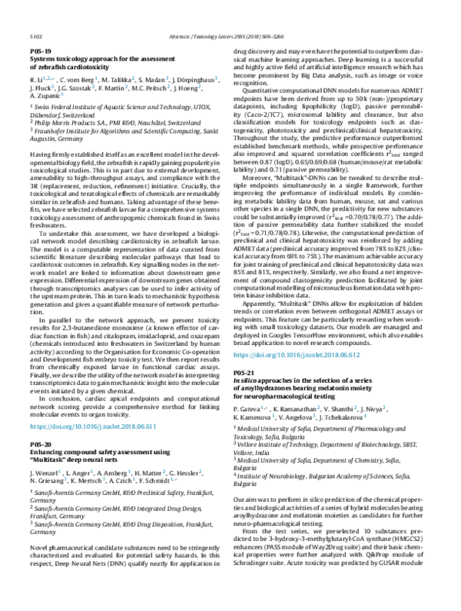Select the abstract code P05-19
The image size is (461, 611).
pyautogui.click(x=39, y=50)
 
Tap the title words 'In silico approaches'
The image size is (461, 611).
pyautogui.click(x=274, y=380)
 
